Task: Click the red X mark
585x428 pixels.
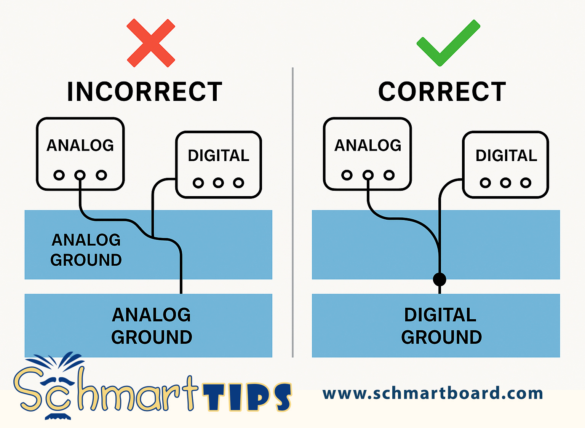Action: click(x=151, y=43)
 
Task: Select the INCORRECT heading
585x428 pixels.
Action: click(x=145, y=91)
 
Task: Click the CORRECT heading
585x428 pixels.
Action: click(x=442, y=91)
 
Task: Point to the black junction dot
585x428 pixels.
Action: click(x=440, y=279)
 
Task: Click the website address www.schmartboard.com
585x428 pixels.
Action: click(x=433, y=393)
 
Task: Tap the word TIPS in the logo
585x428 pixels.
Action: click(x=247, y=397)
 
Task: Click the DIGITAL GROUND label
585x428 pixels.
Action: click(x=441, y=326)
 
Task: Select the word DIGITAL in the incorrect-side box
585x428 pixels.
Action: click(x=219, y=156)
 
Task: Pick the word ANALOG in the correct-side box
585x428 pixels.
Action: click(x=368, y=145)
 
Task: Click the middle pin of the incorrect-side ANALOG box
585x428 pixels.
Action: click(x=80, y=175)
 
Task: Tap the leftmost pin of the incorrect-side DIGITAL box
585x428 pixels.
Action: click(x=198, y=183)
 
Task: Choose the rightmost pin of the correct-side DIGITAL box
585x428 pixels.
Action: click(x=526, y=183)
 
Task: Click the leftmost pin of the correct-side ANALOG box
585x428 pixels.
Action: click(x=347, y=175)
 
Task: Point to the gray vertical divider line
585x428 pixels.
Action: click(x=293, y=212)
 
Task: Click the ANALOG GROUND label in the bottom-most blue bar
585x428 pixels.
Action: click(x=152, y=326)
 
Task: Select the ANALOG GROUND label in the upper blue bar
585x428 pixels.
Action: click(x=86, y=250)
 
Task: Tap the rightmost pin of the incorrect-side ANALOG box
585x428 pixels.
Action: click(x=101, y=175)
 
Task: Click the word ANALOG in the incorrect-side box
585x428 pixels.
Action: click(x=80, y=145)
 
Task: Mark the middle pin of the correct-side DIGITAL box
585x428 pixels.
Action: click(x=506, y=183)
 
